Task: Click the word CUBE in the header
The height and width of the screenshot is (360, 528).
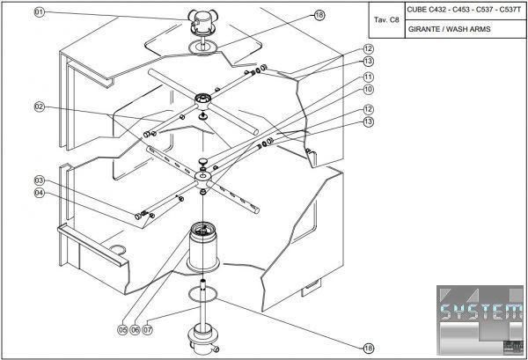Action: point(418,10)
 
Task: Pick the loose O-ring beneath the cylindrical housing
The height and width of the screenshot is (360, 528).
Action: point(203,298)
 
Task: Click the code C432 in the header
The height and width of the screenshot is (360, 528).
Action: point(443,10)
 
